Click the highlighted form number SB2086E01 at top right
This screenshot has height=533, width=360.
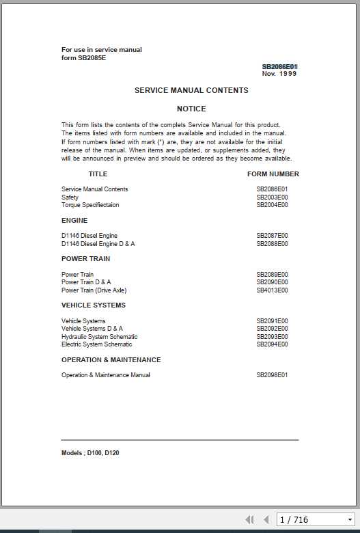(279, 66)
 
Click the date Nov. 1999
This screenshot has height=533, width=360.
(279, 74)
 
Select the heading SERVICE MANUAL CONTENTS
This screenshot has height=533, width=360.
(191, 90)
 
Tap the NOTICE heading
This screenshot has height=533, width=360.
(191, 109)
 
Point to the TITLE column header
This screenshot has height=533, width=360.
(98, 174)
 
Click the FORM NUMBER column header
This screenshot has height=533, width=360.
(273, 174)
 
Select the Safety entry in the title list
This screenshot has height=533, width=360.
(70, 197)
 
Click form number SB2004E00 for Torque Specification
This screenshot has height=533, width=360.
(272, 205)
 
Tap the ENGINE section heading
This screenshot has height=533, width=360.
(74, 221)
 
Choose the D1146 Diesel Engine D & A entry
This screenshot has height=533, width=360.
(98, 244)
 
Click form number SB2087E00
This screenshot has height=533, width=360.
(272, 236)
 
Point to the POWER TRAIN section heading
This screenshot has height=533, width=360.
(85, 259)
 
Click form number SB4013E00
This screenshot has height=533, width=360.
(272, 290)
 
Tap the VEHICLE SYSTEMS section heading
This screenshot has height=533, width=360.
(94, 305)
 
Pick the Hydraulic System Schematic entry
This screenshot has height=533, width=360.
(99, 337)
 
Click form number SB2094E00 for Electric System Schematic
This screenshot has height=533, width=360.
(272, 344)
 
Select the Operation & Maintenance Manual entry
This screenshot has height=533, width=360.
(106, 375)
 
